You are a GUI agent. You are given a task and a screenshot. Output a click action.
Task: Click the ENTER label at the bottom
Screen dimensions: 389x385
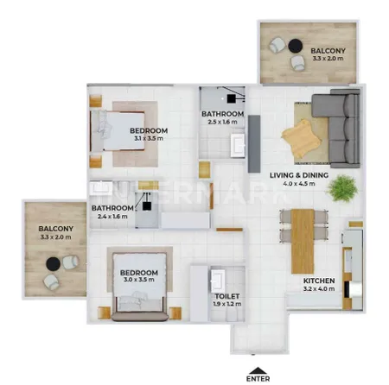pos(258,379)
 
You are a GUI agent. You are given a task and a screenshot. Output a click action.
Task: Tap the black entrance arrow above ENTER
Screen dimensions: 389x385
pos(258,370)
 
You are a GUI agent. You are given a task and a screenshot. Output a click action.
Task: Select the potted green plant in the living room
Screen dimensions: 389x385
pos(342,188)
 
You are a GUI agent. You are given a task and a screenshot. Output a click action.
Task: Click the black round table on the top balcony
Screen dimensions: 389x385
pos(296,46)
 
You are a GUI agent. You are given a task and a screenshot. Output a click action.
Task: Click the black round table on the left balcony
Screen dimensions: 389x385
pos(54,264)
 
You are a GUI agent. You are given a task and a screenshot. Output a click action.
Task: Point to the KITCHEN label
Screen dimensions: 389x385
pos(319,281)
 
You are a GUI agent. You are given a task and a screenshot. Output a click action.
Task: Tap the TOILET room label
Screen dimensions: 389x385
pos(227,296)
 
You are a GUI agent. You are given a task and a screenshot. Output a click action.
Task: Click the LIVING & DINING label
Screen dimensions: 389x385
pos(299,175)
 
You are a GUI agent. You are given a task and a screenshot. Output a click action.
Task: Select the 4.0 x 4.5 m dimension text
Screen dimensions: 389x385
pos(299,184)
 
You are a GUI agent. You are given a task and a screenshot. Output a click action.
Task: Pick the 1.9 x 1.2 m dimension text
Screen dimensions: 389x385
pos(227,304)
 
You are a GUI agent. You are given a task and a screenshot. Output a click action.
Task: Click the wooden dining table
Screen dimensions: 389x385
pos(303,241)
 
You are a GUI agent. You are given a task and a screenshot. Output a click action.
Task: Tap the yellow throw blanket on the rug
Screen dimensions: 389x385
pos(302,138)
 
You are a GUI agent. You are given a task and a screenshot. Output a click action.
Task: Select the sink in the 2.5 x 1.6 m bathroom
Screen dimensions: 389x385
pos(238,146)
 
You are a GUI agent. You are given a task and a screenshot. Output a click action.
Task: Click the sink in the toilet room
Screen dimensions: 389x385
pos(218,281)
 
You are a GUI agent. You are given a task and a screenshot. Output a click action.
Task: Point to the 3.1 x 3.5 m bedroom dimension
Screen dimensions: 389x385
pos(149,138)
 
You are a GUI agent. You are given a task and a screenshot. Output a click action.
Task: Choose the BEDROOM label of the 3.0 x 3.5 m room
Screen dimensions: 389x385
pos(139,273)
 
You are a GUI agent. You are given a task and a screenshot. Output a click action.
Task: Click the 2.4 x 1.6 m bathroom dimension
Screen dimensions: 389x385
pos(112,217)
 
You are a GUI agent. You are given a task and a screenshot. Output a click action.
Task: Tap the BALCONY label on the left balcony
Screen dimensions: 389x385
pos(56,229)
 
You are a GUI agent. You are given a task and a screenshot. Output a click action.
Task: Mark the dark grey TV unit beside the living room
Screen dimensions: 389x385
pos(254,144)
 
